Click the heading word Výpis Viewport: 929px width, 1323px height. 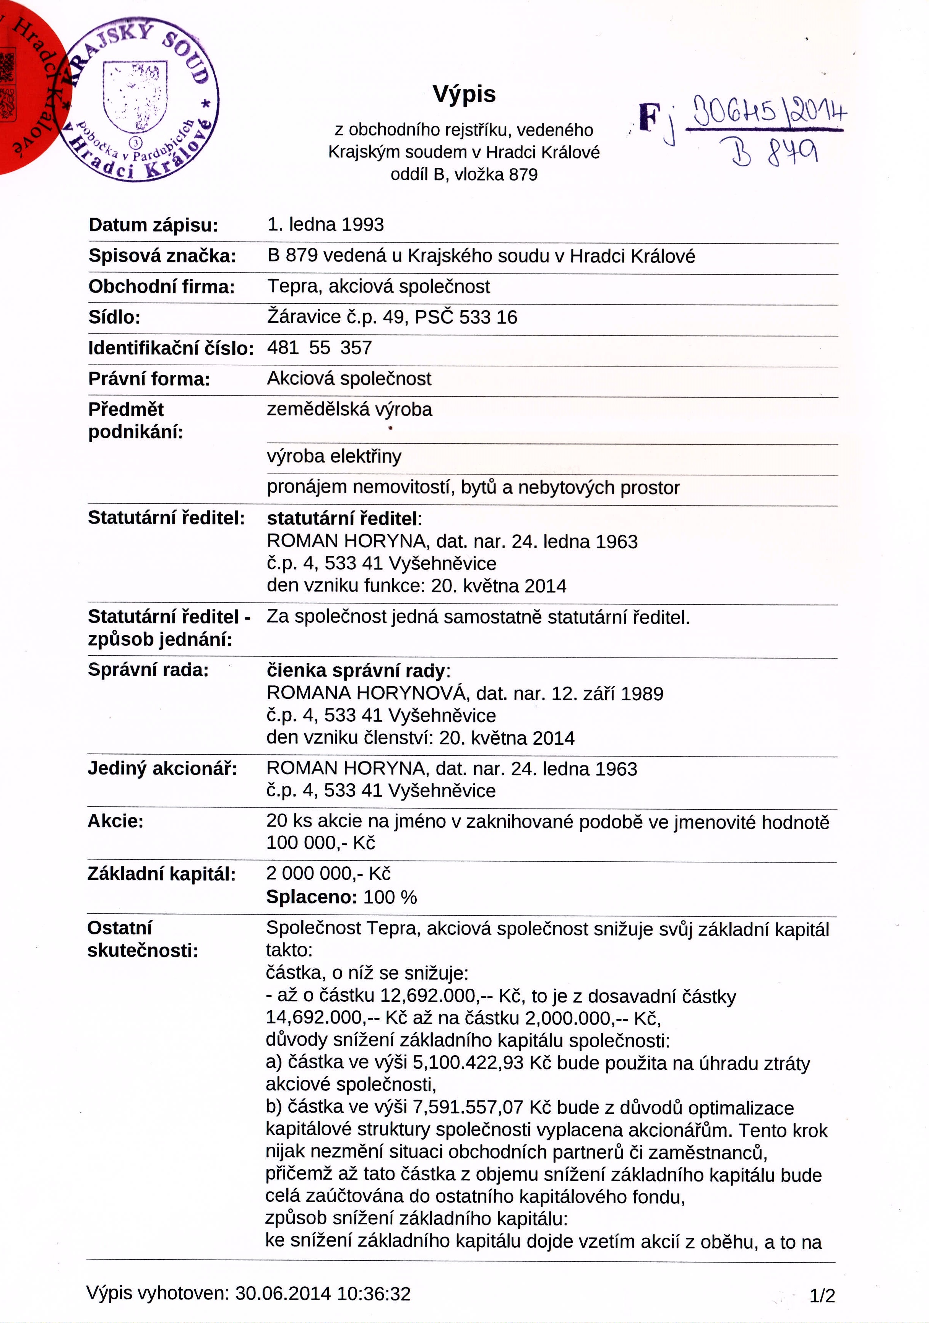pyautogui.click(x=464, y=94)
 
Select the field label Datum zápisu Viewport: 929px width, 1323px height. pyautogui.click(x=153, y=225)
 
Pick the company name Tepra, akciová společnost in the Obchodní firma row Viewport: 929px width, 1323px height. pyautogui.click(x=378, y=286)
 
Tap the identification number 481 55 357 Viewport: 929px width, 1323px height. pyautogui.click(x=319, y=347)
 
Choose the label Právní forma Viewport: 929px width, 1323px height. pyautogui.click(x=149, y=379)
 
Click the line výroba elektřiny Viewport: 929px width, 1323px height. pyautogui.click(x=334, y=456)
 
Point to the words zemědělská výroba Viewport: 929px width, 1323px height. pyautogui.click(x=349, y=410)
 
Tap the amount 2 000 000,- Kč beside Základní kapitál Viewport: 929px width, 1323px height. pyautogui.click(x=328, y=874)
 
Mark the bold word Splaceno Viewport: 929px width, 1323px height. pyautogui.click(x=309, y=897)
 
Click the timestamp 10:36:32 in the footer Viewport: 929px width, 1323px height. pyautogui.click(x=374, y=1294)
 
